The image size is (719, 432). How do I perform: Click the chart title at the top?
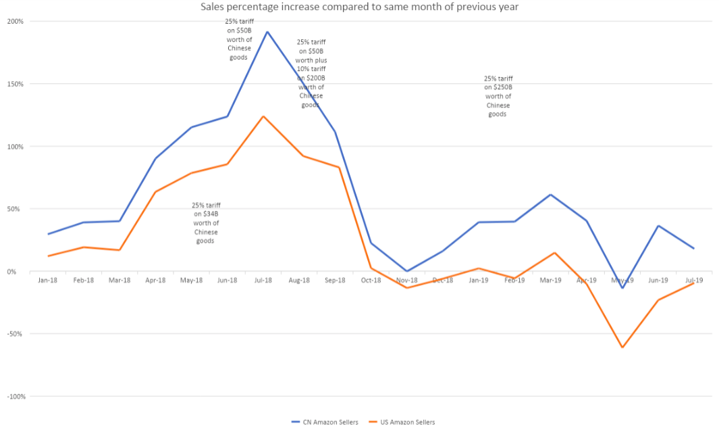(x=359, y=7)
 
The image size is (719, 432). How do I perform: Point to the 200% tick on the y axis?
(x=16, y=22)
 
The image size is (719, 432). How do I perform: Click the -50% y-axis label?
(x=16, y=334)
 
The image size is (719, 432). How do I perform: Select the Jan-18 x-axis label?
(x=48, y=280)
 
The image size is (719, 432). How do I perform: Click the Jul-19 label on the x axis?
(x=694, y=280)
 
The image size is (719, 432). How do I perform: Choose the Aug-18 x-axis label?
(x=299, y=280)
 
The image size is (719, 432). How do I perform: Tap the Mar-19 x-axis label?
(x=550, y=280)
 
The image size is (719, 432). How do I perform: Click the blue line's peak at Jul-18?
(x=267, y=32)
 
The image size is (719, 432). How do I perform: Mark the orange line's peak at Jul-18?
(x=263, y=116)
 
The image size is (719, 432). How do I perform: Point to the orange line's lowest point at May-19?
(x=622, y=347)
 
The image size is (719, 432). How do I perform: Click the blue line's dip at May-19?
(x=622, y=288)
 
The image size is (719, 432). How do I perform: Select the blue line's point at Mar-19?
(x=550, y=195)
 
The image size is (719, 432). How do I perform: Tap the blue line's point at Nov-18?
(x=407, y=271)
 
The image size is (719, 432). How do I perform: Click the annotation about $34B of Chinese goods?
(x=206, y=223)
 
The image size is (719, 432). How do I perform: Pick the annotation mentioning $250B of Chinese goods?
(x=498, y=96)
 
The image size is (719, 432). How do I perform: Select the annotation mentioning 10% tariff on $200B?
(x=311, y=74)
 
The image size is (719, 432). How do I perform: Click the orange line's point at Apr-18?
(x=155, y=192)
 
